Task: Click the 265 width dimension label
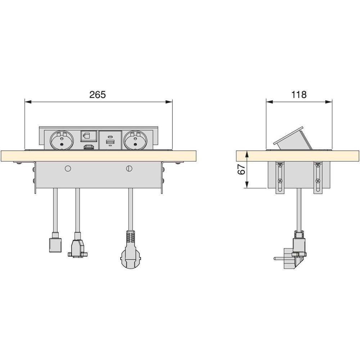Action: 98,94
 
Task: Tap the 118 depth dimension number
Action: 299,94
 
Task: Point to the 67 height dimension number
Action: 242,170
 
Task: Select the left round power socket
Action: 62,140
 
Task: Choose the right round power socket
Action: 135,140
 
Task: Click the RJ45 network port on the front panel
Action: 86,136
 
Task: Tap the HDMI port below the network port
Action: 89,147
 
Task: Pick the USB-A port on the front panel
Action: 110,142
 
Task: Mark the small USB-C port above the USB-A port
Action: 110,138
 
